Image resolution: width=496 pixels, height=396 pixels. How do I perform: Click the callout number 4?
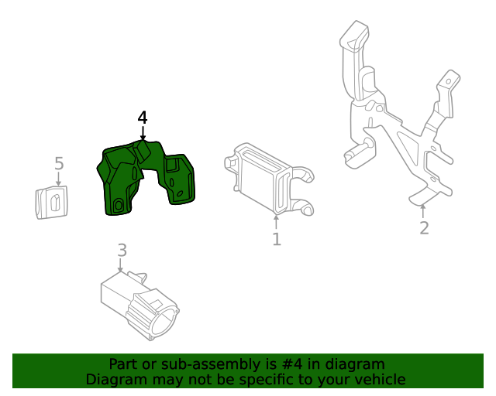(143, 118)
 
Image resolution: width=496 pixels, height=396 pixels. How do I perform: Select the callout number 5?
(59, 164)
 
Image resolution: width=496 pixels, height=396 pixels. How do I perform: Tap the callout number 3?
(122, 250)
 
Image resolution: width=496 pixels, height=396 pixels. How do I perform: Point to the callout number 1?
(277, 239)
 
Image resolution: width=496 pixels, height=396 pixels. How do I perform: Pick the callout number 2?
(424, 227)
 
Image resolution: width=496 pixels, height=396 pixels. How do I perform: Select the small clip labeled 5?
(52, 203)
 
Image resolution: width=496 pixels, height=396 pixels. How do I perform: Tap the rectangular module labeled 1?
(269, 179)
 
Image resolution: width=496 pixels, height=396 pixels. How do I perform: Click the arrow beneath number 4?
(143, 133)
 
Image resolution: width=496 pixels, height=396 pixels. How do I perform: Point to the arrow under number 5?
(59, 179)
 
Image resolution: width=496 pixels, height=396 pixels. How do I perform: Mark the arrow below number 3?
(120, 265)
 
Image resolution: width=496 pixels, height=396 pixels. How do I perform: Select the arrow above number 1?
(277, 222)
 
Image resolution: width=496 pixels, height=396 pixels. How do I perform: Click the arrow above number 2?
(422, 212)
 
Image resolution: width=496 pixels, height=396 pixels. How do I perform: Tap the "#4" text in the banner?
(291, 364)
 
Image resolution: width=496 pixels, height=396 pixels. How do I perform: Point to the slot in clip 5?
(55, 203)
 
